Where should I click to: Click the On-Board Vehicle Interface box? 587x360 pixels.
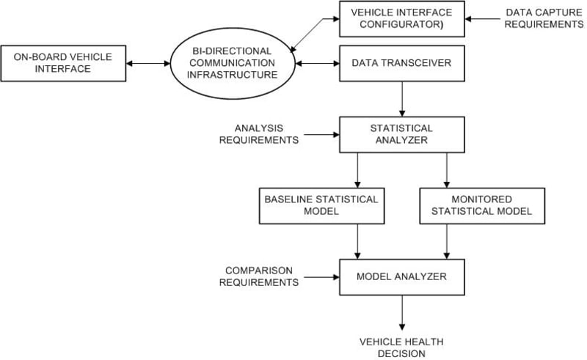(63, 63)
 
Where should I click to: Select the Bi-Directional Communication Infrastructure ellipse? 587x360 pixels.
(232, 63)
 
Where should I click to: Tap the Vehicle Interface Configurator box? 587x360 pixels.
(402, 19)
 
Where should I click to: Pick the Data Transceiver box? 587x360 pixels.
(402, 63)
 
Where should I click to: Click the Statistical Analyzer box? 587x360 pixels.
(402, 135)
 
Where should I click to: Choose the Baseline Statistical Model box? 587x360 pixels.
(322, 206)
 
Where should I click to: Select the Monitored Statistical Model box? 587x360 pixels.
(482, 206)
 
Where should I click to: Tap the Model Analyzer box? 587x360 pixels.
(402, 277)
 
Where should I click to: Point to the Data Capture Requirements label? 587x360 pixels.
(544, 18)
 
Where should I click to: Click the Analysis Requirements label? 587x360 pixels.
(259, 134)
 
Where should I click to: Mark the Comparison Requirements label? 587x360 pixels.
(259, 276)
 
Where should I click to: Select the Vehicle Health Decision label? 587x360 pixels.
(401, 348)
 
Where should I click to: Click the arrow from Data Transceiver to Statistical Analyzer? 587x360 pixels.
(402, 99)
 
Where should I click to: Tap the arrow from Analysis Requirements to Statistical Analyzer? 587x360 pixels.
(321, 134)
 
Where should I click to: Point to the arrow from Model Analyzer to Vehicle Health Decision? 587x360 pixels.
(402, 313)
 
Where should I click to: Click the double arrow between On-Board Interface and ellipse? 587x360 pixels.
(148, 63)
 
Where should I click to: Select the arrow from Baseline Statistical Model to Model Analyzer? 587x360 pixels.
(357, 241)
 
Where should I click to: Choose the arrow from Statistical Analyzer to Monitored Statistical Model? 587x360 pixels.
(447, 170)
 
